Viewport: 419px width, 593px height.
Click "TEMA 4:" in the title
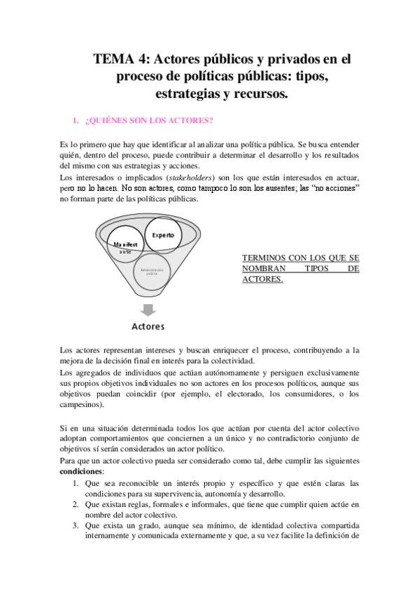[120, 60]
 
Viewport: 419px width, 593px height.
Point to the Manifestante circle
[125, 248]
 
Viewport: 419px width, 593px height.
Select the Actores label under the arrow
[148, 327]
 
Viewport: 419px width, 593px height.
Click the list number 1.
[76, 483]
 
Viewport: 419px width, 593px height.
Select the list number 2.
[76, 503]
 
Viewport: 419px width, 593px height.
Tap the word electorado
[286, 394]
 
